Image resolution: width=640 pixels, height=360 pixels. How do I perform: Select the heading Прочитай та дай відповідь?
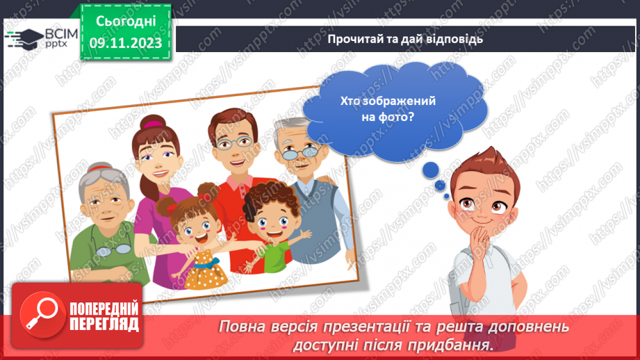[x=406, y=39]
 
